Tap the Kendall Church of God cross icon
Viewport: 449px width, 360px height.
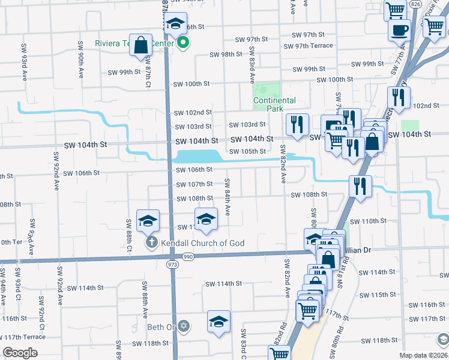[x=152, y=243]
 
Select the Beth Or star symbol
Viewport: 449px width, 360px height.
[x=184, y=327]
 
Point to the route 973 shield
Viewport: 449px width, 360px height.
[x=173, y=263]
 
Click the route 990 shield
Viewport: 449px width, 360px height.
[x=188, y=256]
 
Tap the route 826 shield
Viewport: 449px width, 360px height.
[x=415, y=4]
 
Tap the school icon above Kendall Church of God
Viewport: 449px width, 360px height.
[x=148, y=221]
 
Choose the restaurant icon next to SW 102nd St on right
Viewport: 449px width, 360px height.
[x=399, y=97]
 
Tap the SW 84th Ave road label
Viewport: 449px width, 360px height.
[x=228, y=197]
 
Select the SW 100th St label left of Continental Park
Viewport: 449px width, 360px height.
[x=191, y=84]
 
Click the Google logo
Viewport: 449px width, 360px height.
[x=20, y=353]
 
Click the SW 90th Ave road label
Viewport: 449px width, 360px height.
[x=80, y=61]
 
